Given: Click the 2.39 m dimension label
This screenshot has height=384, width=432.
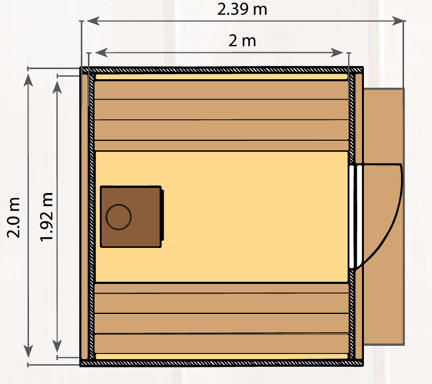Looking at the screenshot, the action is coord(242,9).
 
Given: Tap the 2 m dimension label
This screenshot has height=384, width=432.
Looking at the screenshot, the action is coord(242,41).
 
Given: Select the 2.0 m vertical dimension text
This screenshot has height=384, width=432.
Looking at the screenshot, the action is coord(14,217).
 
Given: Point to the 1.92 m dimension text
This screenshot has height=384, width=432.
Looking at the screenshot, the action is coord(46,217).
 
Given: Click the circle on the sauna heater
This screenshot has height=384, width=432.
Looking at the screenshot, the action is coord(118,217).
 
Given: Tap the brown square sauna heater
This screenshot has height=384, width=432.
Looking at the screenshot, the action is coord(131,217).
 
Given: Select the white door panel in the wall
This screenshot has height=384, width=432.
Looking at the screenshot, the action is coord(355,216).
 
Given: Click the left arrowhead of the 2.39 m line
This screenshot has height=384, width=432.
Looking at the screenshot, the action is coord(93,21).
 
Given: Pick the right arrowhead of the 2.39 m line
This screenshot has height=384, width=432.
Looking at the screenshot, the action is coord(398,21).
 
